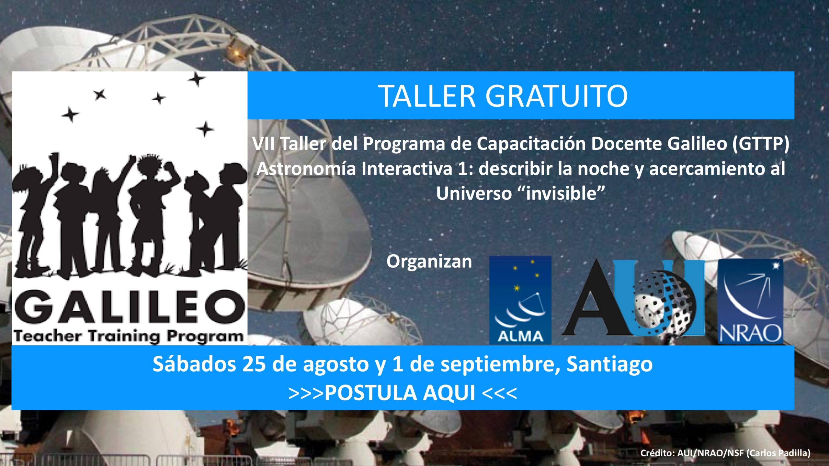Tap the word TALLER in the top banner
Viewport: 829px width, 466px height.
(x=427, y=96)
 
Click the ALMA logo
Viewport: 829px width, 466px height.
(x=520, y=300)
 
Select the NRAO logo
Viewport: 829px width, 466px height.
(x=751, y=301)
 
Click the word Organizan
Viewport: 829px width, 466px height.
(x=429, y=261)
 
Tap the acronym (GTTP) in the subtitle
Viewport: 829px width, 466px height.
(x=761, y=144)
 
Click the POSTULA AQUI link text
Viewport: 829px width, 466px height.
(x=400, y=393)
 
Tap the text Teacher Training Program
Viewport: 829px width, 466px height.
(x=128, y=337)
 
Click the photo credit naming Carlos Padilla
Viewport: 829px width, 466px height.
(x=725, y=453)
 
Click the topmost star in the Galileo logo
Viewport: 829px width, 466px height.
(x=197, y=79)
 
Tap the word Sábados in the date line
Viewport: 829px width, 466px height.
(x=194, y=364)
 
